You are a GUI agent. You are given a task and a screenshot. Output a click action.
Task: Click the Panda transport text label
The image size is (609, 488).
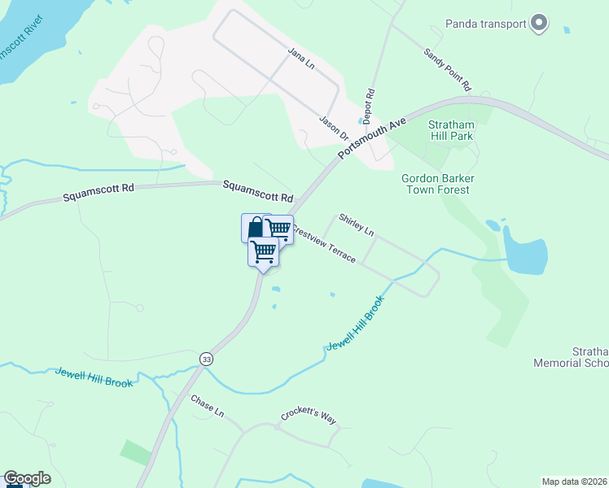pos(486,24)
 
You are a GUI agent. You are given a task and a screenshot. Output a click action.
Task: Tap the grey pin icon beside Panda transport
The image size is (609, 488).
pos(538,24)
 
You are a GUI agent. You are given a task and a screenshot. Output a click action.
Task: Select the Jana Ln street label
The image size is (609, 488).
pos(300,59)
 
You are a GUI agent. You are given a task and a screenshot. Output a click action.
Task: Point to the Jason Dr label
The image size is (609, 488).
pos(334,129)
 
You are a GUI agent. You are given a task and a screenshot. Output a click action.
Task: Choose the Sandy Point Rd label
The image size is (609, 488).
pos(447,68)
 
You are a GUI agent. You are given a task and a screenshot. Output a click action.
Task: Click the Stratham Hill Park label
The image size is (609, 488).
pos(450,130)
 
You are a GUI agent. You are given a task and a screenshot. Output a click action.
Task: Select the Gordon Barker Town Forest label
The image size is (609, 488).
pos(437,183)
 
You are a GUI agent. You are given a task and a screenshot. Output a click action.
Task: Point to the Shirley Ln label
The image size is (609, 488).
pos(356,226)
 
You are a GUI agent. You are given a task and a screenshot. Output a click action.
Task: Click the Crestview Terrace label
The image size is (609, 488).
pos(324,243)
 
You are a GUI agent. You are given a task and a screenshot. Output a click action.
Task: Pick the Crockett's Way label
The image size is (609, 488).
pos(309,416)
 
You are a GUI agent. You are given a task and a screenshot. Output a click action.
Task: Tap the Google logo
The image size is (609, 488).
pos(27,478)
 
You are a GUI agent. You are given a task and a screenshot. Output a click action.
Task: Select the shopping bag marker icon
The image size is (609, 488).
pos(254,227)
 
